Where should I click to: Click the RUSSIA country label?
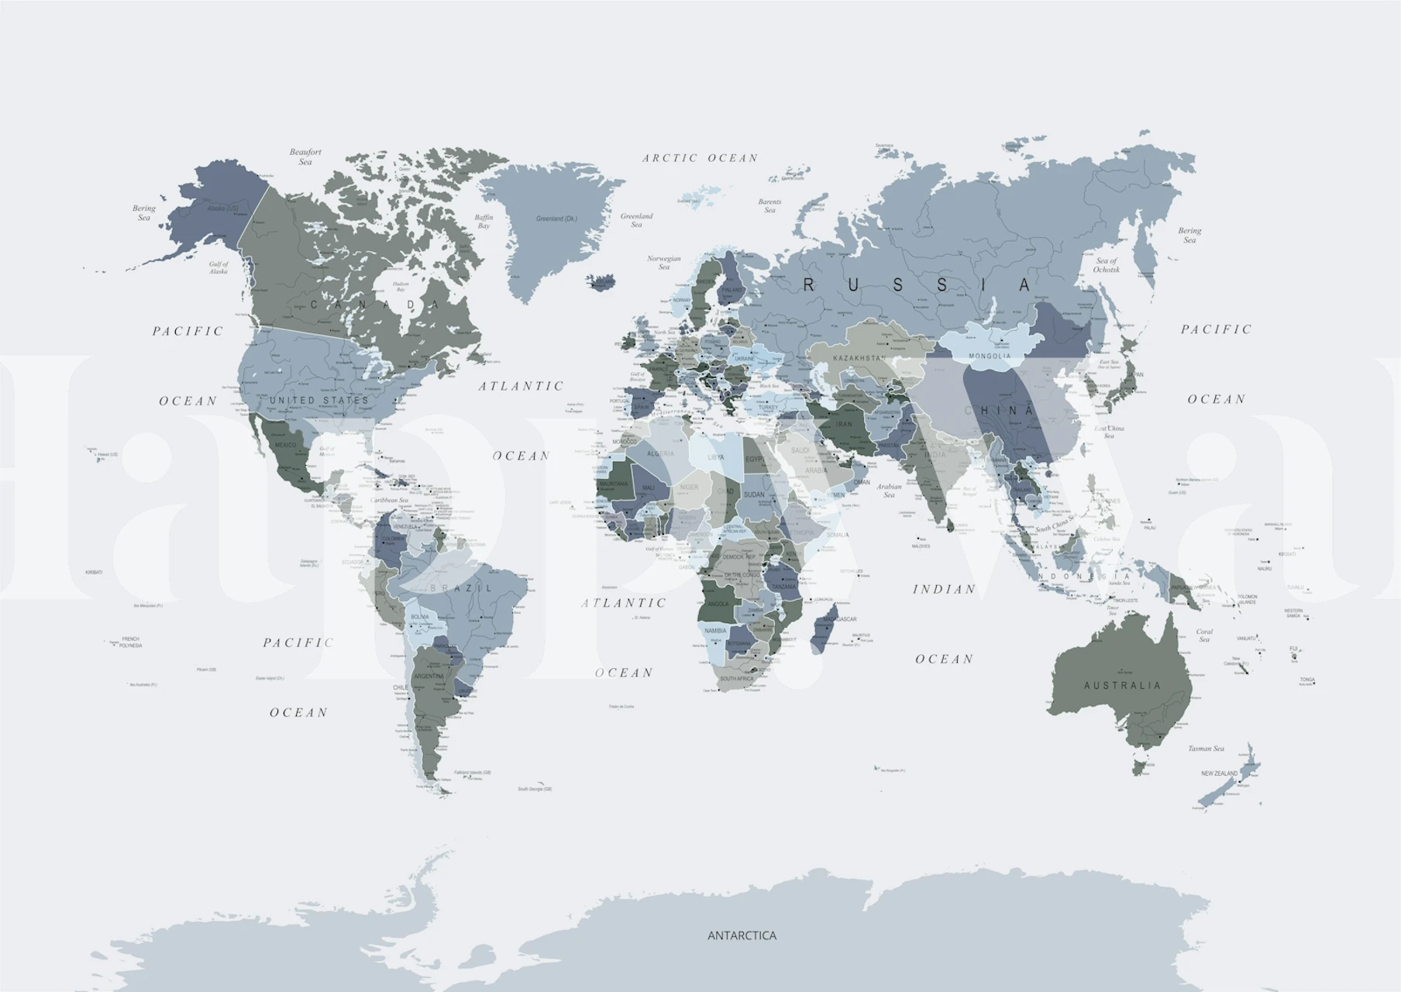tap(917, 285)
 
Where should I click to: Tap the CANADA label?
tap(374, 305)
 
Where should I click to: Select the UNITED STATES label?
tap(319, 401)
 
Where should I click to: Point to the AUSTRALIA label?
tap(1123, 685)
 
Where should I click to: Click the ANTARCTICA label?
tap(742, 935)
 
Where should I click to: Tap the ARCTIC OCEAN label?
tap(700, 158)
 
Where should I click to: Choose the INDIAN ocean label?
tap(944, 589)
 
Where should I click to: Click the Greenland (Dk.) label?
tap(556, 219)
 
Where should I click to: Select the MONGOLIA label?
tap(990, 356)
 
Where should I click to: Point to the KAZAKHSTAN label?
tap(859, 359)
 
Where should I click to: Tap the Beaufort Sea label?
tap(305, 157)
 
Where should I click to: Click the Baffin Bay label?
tap(484, 222)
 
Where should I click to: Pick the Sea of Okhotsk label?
tap(1107, 265)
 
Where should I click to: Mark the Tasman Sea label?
tap(1206, 749)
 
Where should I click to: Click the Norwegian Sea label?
tap(664, 263)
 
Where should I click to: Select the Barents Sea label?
tap(769, 205)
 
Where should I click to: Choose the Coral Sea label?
tap(1203, 635)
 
